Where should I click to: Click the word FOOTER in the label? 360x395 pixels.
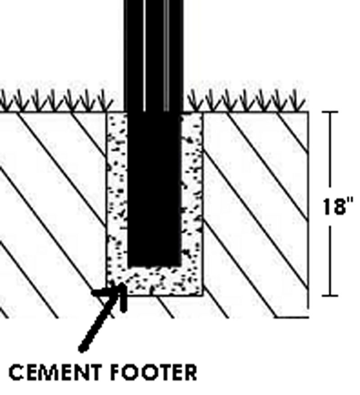(153, 373)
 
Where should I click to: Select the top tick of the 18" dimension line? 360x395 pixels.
(331, 112)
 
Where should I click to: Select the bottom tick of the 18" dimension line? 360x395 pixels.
(331, 296)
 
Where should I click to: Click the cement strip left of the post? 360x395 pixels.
(117, 189)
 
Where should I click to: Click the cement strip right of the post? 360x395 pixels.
(192, 189)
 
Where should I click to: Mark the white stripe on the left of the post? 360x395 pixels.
(144, 54)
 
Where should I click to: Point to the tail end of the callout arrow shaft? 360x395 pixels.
(81, 349)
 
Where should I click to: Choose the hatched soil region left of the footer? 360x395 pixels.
(49, 212)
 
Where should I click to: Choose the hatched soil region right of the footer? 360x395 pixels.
(256, 212)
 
